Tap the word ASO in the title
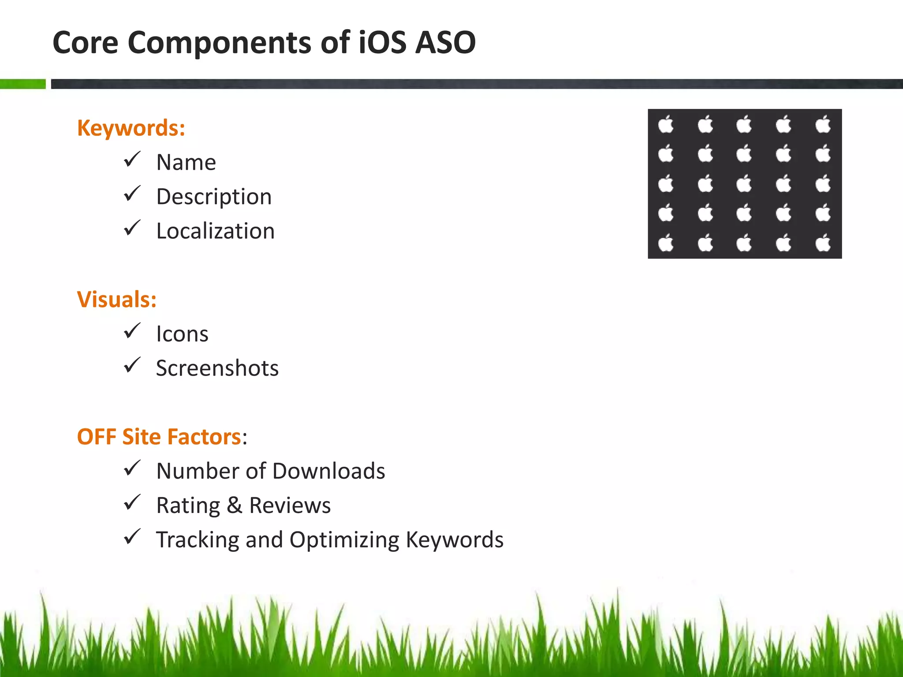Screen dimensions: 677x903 coord(445,43)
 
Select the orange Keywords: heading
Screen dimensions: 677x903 coord(131,128)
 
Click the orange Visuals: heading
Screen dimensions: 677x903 coord(117,300)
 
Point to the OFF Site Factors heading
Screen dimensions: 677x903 coord(159,437)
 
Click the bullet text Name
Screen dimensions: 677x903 coord(186,162)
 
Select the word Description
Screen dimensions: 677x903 coord(214,197)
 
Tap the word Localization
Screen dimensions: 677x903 coord(215,231)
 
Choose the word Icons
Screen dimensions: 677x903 coord(182,334)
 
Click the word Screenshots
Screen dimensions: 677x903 coord(217,368)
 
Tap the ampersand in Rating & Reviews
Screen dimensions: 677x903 coord(234,505)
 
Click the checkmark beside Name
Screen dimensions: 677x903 coord(132,159)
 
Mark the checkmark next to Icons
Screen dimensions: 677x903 coord(132,331)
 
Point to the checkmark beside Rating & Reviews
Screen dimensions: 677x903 coord(132,502)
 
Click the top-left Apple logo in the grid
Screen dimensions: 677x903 coord(666,124)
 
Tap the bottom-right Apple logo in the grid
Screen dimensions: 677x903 coord(823,243)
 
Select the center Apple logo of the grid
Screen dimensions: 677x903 coord(744,184)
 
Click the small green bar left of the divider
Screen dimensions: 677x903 coord(22,84)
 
